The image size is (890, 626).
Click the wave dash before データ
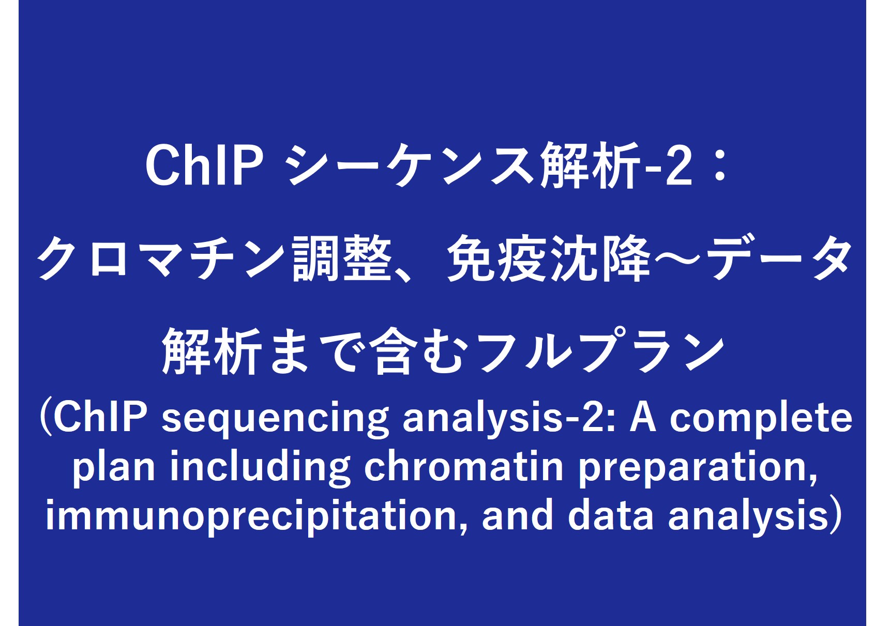(x=677, y=258)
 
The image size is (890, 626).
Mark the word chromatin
(x=464, y=466)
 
